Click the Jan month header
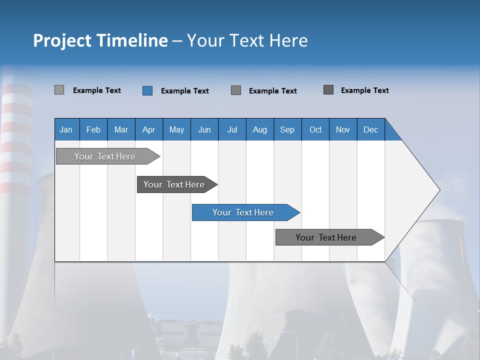click(x=66, y=129)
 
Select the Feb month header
click(x=93, y=129)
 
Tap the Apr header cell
click(x=149, y=129)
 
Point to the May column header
click(x=176, y=129)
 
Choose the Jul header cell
click(x=232, y=129)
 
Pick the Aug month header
click(x=260, y=129)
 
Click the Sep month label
click(x=287, y=129)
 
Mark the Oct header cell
click(x=315, y=129)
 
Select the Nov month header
click(x=343, y=129)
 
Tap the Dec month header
click(x=371, y=129)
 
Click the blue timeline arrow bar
click(x=245, y=212)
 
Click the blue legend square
click(x=147, y=90)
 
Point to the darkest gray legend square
click(x=328, y=90)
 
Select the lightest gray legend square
click(x=59, y=90)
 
